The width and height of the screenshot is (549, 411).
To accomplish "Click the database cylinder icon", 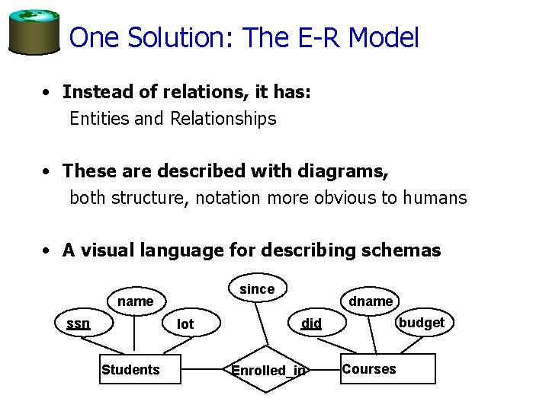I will coord(34,31).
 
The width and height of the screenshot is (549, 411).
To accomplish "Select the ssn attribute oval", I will coord(78,323).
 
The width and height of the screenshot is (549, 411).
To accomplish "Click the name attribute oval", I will coord(136,301).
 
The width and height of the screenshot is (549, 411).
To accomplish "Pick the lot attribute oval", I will coord(185,324).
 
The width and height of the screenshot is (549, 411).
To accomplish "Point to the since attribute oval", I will coord(257,289).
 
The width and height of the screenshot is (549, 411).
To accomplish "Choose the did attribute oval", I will coord(311,323).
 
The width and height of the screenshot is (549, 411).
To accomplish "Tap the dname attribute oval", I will coord(371,301).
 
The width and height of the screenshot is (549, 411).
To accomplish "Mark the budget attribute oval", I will coord(422,323).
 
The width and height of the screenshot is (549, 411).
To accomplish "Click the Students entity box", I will coord(131,370).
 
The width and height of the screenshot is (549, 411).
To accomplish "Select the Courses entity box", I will coord(387,369).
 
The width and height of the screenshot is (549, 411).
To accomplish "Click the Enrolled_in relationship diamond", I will coord(268,371).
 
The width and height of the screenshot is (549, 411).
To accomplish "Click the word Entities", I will coord(99,119).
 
